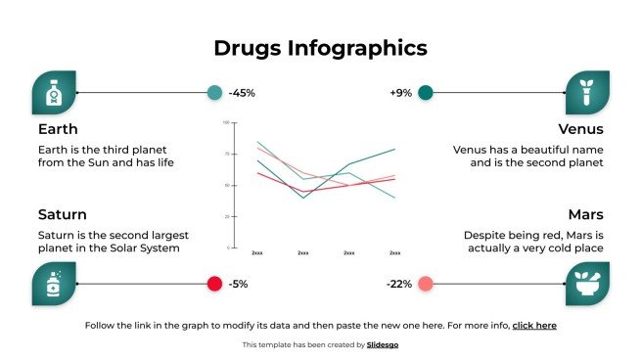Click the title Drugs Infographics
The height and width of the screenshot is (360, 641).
pyautogui.click(x=320, y=48)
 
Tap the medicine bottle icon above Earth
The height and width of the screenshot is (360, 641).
pyautogui.click(x=54, y=93)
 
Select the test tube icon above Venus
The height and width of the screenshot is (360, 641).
pyautogui.click(x=587, y=93)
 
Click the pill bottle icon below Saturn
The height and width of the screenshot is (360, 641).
pyautogui.click(x=54, y=284)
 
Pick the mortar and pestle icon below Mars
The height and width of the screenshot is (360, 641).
pyautogui.click(x=587, y=284)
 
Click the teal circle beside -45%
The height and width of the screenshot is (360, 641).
pyautogui.click(x=214, y=93)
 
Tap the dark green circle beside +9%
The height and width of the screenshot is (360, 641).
pyautogui.click(x=425, y=93)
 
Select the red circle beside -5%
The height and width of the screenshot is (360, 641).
pyautogui.click(x=214, y=284)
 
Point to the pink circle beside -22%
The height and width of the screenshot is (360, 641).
pyautogui.click(x=425, y=284)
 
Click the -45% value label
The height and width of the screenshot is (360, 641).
pyautogui.click(x=242, y=93)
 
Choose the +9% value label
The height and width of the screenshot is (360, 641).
pyautogui.click(x=400, y=93)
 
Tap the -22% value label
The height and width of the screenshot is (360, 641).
pyautogui.click(x=399, y=284)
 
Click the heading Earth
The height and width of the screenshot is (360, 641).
pyautogui.click(x=58, y=129)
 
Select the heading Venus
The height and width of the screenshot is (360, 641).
pyautogui.click(x=580, y=129)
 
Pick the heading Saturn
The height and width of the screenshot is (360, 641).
pyautogui.click(x=63, y=214)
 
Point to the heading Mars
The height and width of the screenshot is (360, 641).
pyautogui.click(x=585, y=214)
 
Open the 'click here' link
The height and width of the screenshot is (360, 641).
pyautogui.click(x=534, y=325)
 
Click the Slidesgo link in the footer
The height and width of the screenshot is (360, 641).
pyautogui.click(x=383, y=344)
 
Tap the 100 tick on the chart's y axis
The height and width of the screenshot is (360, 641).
pyautogui.click(x=226, y=123)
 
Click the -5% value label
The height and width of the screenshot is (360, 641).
pyautogui.click(x=238, y=284)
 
